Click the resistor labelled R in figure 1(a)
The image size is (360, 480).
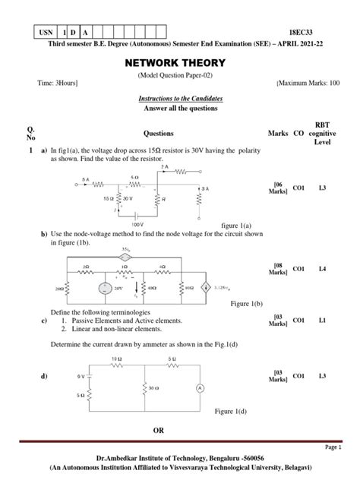tap(156, 200)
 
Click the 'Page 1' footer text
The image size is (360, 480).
tap(333, 447)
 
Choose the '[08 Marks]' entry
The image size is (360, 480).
tap(278, 268)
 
